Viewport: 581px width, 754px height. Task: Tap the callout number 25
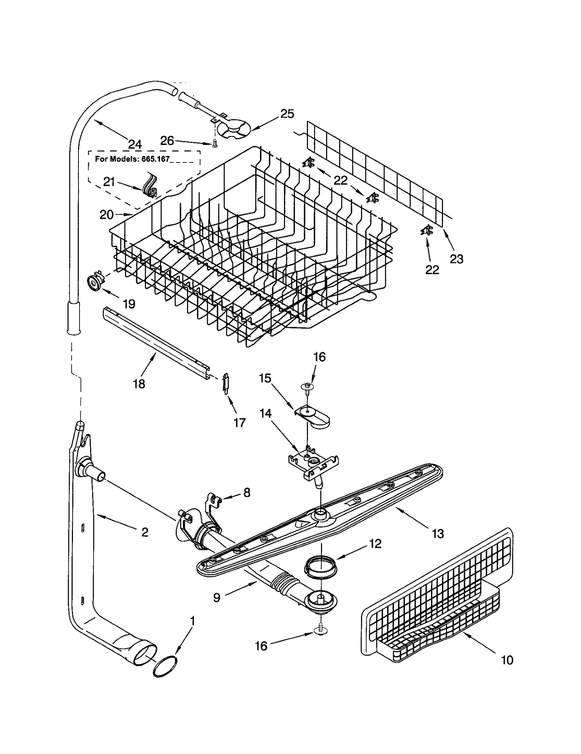[x=287, y=114]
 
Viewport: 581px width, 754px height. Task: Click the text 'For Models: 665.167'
[x=132, y=159]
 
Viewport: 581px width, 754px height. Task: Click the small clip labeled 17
[x=226, y=382]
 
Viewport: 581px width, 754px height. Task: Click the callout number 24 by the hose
[x=135, y=144]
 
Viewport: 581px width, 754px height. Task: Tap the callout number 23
[x=456, y=259]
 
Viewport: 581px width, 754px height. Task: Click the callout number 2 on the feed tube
[x=145, y=532]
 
